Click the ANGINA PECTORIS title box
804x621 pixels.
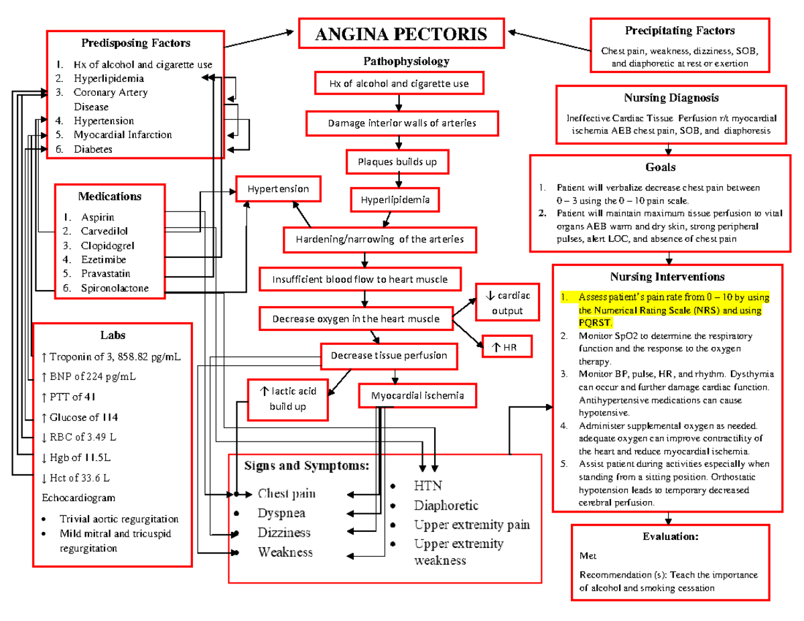pos(401,33)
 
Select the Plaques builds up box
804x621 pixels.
pos(399,161)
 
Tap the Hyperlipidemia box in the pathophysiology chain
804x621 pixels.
pos(395,200)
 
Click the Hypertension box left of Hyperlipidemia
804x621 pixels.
pos(277,189)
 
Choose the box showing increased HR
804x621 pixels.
pos(507,346)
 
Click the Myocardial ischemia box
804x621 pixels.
pos(417,395)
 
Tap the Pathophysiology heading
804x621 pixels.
pos(406,62)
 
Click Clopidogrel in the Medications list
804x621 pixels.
pos(108,245)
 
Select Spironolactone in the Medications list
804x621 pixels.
pos(115,288)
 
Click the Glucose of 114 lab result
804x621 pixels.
pos(80,417)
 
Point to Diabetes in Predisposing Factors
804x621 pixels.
pos(93,149)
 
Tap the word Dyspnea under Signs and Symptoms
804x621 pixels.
pos(281,513)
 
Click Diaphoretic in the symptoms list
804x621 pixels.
pos(446,505)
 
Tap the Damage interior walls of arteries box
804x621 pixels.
pos(402,123)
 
